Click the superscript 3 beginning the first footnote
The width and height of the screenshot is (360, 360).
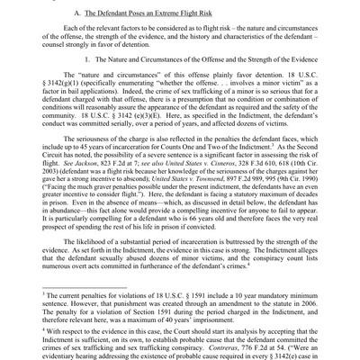(x=30, y=287)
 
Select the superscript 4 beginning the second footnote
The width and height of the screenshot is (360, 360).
(x=30, y=330)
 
